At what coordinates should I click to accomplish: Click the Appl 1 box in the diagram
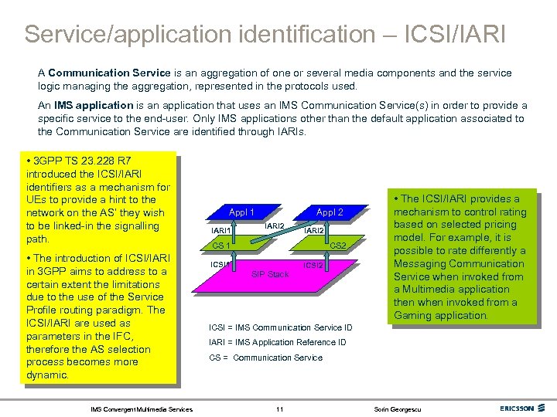click(241, 212)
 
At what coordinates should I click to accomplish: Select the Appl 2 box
click(330, 212)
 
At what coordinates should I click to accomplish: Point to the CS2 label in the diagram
click(338, 246)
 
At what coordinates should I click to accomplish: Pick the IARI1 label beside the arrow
click(221, 230)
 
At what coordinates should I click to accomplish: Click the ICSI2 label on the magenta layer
click(313, 265)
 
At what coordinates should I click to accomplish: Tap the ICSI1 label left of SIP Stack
click(220, 265)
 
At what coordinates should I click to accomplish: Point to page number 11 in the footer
click(279, 408)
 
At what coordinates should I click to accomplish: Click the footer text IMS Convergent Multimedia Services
click(142, 408)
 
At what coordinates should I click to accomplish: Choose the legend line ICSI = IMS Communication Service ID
click(281, 327)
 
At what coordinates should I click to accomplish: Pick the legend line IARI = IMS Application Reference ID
click(278, 342)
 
